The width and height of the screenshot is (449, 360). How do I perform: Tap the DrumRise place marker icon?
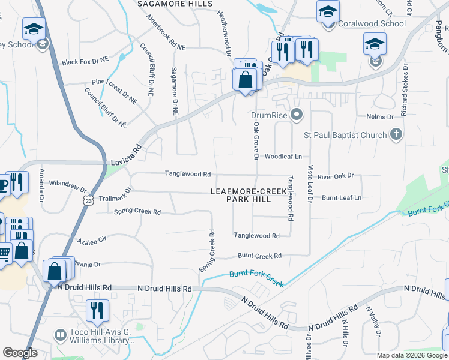click(295, 114)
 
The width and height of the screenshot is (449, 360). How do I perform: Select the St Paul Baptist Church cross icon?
click(396, 135)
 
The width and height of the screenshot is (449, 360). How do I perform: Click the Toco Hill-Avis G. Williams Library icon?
click(60, 335)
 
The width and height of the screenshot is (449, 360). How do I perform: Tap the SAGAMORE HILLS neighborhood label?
click(175, 4)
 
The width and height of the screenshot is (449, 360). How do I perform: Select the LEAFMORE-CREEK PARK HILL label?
click(249, 195)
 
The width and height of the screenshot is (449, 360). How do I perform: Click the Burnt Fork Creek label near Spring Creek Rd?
click(256, 278)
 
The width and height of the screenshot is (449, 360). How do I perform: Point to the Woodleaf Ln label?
click(283, 156)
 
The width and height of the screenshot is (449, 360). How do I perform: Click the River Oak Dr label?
click(336, 176)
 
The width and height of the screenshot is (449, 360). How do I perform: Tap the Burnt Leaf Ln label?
click(342, 197)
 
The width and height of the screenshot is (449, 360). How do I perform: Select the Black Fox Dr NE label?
click(85, 61)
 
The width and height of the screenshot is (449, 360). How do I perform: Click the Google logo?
click(20, 353)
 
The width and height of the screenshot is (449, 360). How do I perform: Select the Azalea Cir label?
click(91, 240)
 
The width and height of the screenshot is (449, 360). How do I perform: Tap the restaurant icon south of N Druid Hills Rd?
click(96, 310)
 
